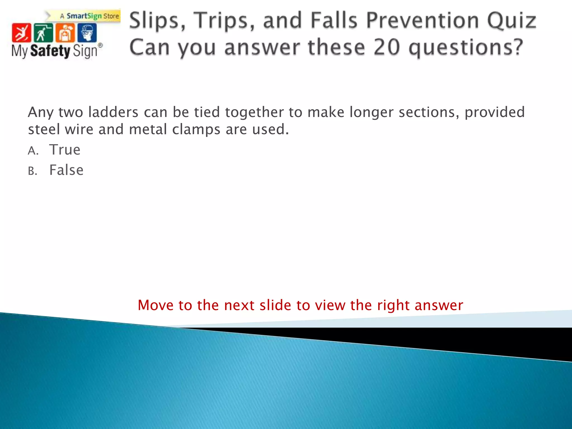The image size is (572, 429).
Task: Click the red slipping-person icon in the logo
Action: tap(21, 33)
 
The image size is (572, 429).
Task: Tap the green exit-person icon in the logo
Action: tap(43, 33)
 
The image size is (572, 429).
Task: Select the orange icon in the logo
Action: tap(65, 33)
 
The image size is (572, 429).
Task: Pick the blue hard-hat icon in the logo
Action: tap(87, 33)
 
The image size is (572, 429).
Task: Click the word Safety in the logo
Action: tap(50, 51)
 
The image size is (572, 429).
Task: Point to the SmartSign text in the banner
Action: tap(84, 16)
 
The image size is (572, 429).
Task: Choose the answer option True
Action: tap(65, 150)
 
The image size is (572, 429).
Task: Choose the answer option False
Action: tap(66, 170)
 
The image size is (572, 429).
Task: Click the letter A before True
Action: tap(32, 151)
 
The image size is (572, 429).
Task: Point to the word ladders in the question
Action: tap(113, 112)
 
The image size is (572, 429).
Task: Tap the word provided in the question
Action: tap(495, 112)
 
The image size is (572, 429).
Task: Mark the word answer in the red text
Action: tap(439, 306)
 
